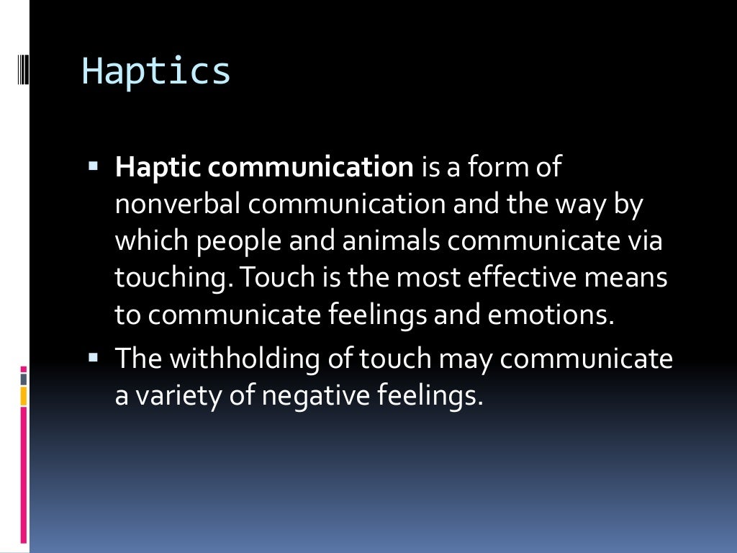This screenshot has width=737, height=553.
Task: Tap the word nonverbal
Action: (x=180, y=204)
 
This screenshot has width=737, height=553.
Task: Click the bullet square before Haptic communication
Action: (x=94, y=166)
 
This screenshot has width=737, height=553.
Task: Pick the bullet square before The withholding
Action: (x=94, y=356)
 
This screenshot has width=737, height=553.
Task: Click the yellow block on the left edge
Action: (x=24, y=396)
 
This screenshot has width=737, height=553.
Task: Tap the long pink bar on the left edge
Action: (x=24, y=475)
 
